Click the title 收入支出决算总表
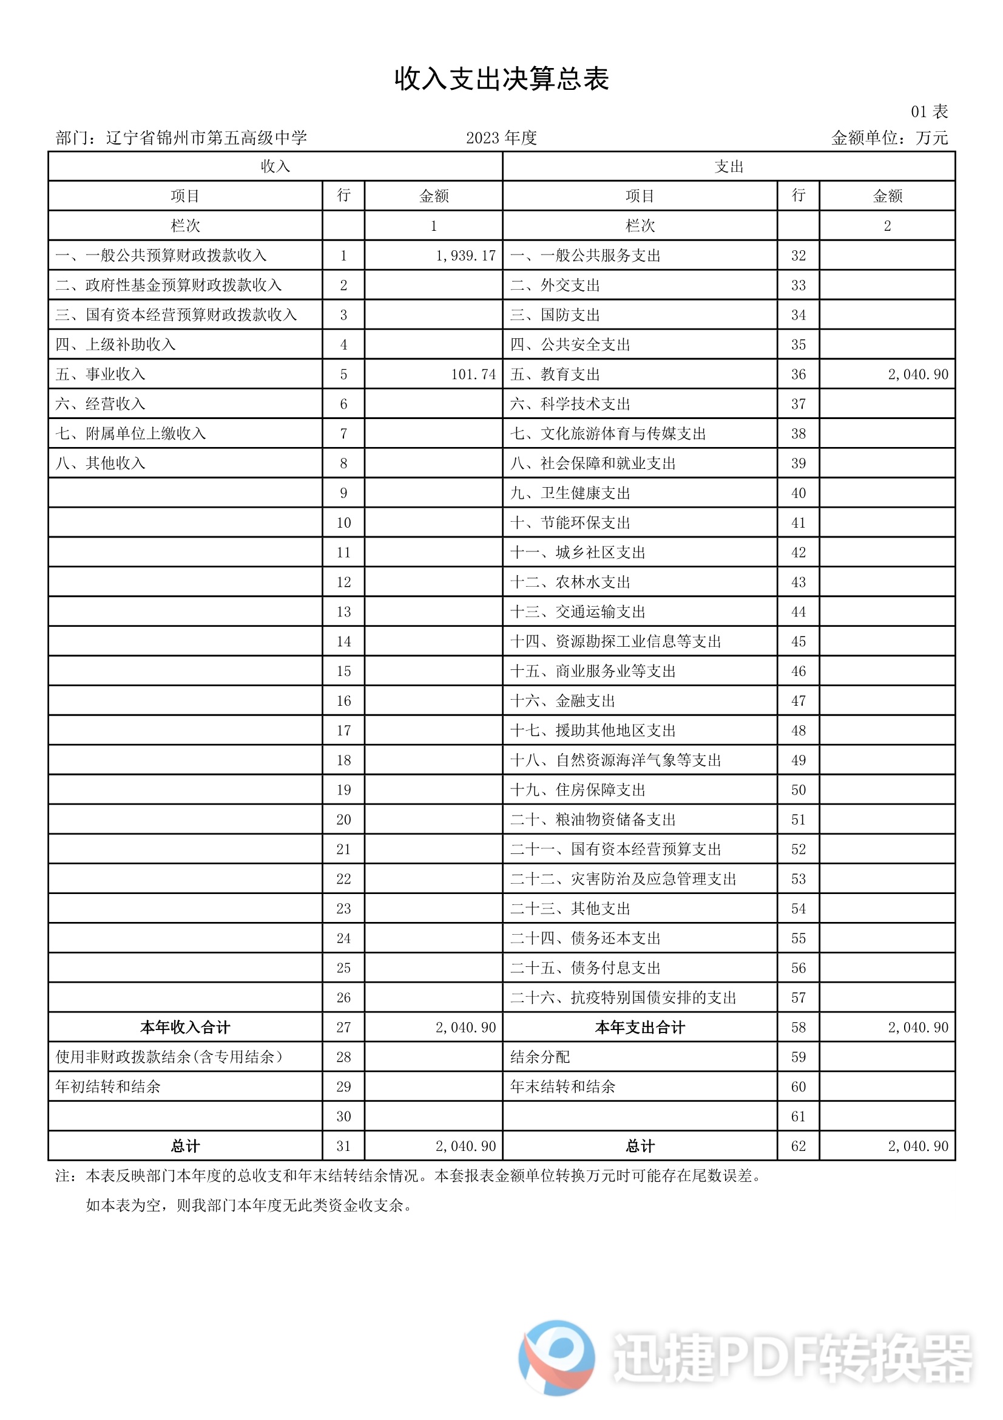point(501,79)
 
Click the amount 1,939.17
point(465,256)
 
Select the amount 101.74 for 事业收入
point(473,374)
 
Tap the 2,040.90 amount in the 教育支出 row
point(917,374)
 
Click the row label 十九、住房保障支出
point(577,790)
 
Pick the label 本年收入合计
point(185,1027)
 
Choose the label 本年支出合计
point(640,1027)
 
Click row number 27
point(343,1027)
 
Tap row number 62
point(799,1146)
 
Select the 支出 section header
point(729,166)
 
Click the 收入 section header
point(275,166)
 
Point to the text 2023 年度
point(501,138)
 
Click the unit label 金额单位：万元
point(890,138)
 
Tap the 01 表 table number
point(929,112)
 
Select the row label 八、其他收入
point(101,463)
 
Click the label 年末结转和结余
point(562,1087)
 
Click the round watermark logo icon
point(557,1357)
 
